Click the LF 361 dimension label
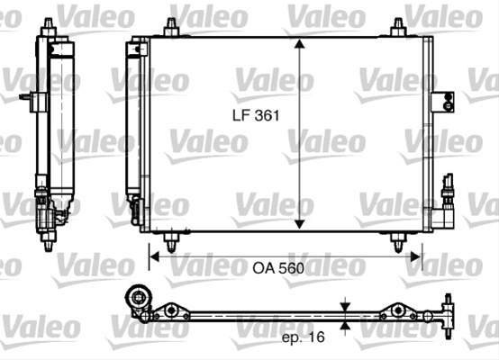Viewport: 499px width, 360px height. (256, 115)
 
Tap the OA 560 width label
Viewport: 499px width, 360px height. (278, 268)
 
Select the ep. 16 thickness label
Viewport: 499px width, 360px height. (304, 337)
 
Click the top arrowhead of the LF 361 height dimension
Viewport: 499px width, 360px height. (299, 43)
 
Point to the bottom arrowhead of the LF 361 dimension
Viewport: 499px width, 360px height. (299, 224)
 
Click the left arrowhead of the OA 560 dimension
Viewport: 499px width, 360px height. (154, 256)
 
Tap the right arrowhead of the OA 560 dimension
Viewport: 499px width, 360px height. (415, 256)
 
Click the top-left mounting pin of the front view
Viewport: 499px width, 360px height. (171, 27)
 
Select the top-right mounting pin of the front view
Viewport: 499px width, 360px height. (398, 27)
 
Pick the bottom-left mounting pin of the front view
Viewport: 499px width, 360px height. (171, 242)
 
